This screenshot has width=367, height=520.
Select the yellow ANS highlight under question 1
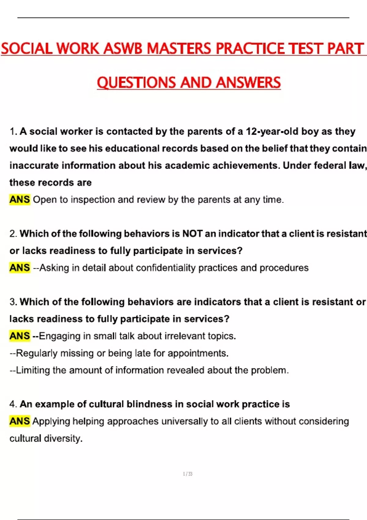pyautogui.click(x=20, y=199)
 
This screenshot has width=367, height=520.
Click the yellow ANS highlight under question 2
pyautogui.click(x=20, y=268)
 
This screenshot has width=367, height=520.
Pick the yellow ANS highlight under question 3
pyautogui.click(x=20, y=336)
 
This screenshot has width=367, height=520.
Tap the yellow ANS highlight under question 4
pyautogui.click(x=20, y=421)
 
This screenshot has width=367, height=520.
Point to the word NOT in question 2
pyautogui.click(x=192, y=234)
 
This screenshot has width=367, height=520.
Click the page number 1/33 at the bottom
pyautogui.click(x=187, y=474)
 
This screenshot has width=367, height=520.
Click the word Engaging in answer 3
pyautogui.click(x=60, y=336)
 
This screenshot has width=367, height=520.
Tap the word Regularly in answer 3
pyautogui.click(x=37, y=353)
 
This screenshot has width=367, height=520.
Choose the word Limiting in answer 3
pyautogui.click(x=33, y=370)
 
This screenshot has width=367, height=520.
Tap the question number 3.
pyautogui.click(x=13, y=302)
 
